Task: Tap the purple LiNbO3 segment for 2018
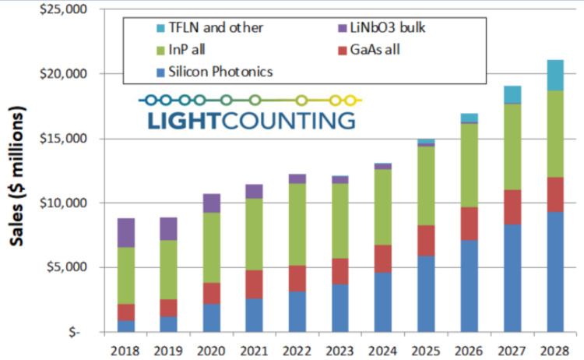(126, 232)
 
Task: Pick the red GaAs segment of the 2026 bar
(469, 224)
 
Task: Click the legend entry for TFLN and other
(206, 28)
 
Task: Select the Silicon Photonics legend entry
(215, 72)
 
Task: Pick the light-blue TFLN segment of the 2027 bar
(512, 94)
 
